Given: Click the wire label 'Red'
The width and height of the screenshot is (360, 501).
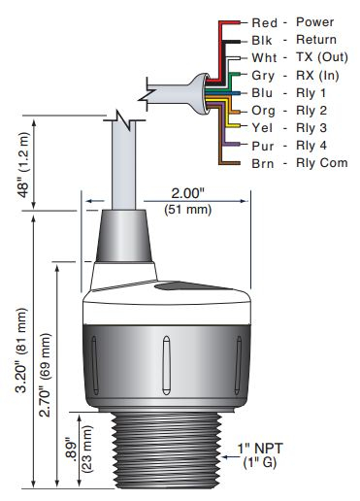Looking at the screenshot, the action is click(264, 23).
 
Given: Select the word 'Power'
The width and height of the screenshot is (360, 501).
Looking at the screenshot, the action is click(315, 22).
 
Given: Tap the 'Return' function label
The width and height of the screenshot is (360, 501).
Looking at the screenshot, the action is click(316, 40).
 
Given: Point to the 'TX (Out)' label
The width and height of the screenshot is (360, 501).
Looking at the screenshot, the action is click(322, 57).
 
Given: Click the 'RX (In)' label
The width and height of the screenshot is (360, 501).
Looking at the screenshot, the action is click(317, 75).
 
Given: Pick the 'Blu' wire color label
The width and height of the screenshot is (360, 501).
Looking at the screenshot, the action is click(262, 93).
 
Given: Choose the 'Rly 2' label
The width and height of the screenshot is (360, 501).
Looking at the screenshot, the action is click(311, 111).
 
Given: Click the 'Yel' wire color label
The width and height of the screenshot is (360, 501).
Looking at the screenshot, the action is click(262, 128).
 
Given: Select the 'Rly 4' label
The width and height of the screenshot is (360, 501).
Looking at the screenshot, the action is click(311, 146).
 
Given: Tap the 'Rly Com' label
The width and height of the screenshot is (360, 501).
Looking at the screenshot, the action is click(322, 163).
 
